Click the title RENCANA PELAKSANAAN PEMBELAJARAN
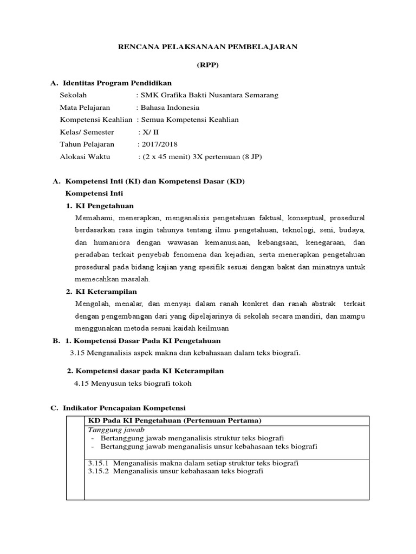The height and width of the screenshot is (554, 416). [x=208, y=47]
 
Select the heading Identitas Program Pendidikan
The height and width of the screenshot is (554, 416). [x=117, y=83]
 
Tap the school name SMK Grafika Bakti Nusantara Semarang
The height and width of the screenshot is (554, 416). [x=209, y=95]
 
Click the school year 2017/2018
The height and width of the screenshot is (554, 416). [x=159, y=144]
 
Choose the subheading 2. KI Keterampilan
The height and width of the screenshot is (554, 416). [x=101, y=292]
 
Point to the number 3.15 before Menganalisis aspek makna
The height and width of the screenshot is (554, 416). [x=79, y=353]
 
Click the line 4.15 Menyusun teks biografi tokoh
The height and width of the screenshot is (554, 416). [x=133, y=384]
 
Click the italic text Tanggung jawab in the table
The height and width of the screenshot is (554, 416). [x=112, y=429]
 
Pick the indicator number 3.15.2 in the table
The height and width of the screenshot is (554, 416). [x=98, y=471]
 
